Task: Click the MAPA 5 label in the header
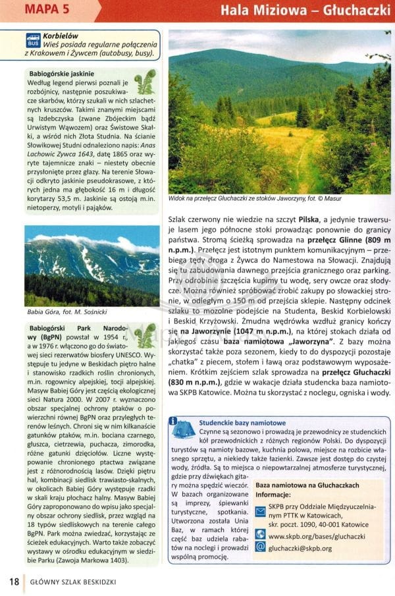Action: pyautogui.click(x=50, y=11)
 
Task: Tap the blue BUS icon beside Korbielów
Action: pyautogui.click(x=32, y=41)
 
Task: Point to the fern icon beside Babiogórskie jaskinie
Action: pyautogui.click(x=145, y=81)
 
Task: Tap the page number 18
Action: pyautogui.click(x=14, y=582)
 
